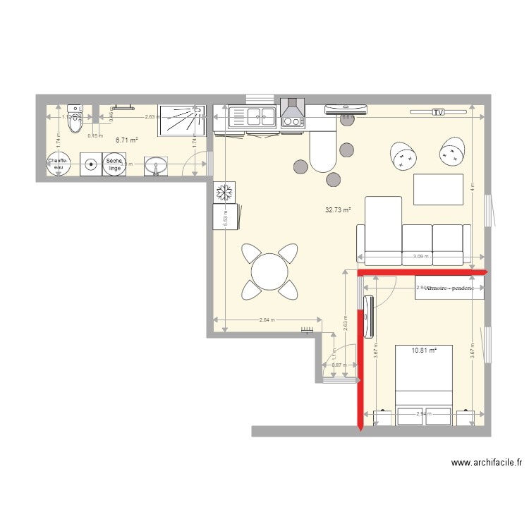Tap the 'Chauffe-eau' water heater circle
click(58, 164)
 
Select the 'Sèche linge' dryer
click(114, 164)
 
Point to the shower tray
click(181, 120)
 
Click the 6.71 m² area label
click(126, 140)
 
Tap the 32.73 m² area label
click(338, 210)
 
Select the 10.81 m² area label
click(423, 350)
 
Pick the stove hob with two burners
click(291, 121)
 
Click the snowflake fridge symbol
click(225, 191)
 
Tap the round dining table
click(269, 271)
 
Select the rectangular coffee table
click(438, 189)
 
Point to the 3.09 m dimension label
click(420, 257)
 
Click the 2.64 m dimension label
click(266, 321)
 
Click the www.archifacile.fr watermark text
click(487, 463)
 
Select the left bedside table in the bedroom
click(382, 418)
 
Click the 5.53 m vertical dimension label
click(225, 219)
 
